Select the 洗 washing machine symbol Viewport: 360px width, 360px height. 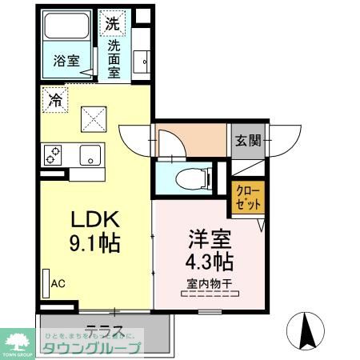point(112,24)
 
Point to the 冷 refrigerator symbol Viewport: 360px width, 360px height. point(55,101)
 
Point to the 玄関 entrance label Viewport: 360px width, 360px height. point(246,141)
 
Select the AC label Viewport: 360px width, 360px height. point(58,283)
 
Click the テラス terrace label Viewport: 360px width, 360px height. point(103,330)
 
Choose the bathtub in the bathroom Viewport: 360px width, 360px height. point(65,30)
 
